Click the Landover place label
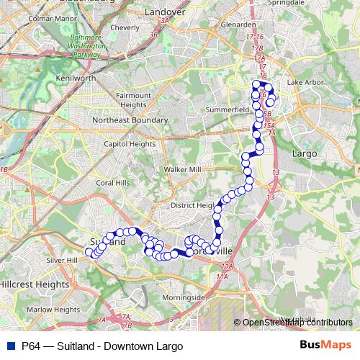pos(165,12)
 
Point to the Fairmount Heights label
pos(135,99)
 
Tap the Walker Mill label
pos(183,169)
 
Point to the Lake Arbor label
pos(305,83)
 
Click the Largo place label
pos(304,153)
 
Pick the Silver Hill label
pos(60,260)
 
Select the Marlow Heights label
pos(53,310)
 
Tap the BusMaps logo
pos(325,346)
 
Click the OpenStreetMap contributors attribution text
pos(297,322)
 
